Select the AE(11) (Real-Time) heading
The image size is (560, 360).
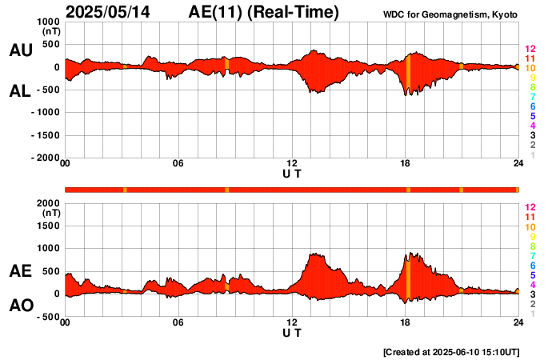click(x=263, y=12)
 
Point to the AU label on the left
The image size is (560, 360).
click(x=20, y=50)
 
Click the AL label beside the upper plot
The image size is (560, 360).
click(x=20, y=91)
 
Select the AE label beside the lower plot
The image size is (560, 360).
click(x=20, y=271)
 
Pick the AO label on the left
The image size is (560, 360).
click(x=20, y=306)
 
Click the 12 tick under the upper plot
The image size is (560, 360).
click(x=292, y=164)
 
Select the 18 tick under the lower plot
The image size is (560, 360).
click(x=406, y=322)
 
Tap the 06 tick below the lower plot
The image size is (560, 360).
click(x=178, y=322)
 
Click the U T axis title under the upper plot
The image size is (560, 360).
click(x=292, y=173)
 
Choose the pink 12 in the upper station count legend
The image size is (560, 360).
click(x=530, y=50)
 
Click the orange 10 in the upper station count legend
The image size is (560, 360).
click(x=530, y=69)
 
